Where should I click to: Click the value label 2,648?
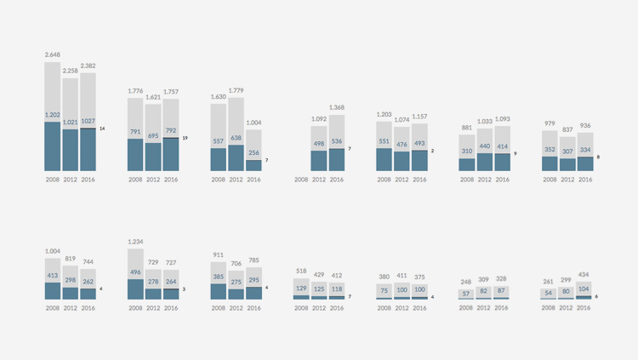53,55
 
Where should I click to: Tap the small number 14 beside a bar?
102,129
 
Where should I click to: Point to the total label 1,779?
236,90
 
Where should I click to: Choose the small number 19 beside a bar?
185,138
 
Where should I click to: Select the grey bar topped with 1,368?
337,132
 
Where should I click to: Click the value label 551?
385,142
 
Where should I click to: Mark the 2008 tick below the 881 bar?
467,180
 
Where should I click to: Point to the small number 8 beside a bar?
598,157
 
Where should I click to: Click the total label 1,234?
135,242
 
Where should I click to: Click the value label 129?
301,289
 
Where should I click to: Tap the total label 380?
385,276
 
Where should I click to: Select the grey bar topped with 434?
584,289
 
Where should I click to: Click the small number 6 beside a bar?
597,297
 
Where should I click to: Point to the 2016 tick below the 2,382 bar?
88,180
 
